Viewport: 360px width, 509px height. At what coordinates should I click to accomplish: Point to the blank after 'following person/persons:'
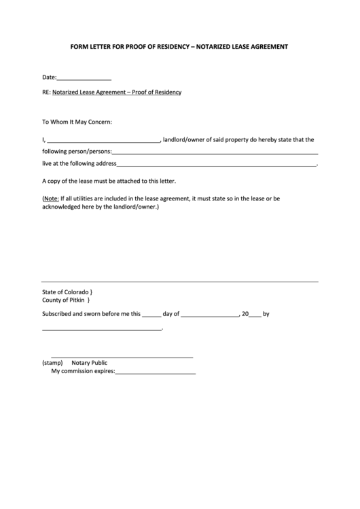214,153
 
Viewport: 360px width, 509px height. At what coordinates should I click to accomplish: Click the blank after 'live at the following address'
217,164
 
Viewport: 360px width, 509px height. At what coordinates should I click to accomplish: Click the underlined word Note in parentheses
52,198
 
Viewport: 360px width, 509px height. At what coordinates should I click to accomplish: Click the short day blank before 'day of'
152,315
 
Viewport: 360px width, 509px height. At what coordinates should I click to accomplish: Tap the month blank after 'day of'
210,315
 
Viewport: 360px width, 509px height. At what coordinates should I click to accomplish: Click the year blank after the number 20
255,315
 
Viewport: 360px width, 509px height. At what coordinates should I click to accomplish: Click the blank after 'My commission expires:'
156,372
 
